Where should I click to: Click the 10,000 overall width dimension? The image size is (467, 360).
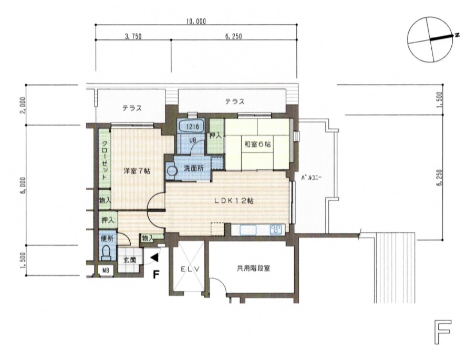click(196, 22)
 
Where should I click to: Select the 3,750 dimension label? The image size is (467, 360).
click(133, 37)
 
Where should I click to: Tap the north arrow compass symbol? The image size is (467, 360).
click(431, 39)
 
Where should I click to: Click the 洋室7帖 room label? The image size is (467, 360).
click(137, 171)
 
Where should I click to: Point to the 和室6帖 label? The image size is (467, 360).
click(257, 145)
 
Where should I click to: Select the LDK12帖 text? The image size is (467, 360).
click(234, 201)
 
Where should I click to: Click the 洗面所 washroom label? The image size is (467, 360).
click(194, 168)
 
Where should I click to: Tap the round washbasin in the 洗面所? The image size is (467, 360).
click(172, 171)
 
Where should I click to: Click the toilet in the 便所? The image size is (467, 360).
click(106, 252)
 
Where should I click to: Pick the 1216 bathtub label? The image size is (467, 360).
click(192, 127)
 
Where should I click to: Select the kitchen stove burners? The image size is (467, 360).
click(275, 230)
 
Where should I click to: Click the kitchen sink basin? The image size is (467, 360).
click(248, 230)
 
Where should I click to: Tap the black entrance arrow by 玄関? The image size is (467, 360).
click(154, 258)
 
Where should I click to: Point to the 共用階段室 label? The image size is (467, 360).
click(253, 268)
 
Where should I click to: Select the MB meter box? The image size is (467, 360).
click(106, 271)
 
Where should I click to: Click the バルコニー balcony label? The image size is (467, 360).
click(311, 178)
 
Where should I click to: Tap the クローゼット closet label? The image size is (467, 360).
click(105, 160)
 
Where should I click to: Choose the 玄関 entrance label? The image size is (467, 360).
click(130, 260)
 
